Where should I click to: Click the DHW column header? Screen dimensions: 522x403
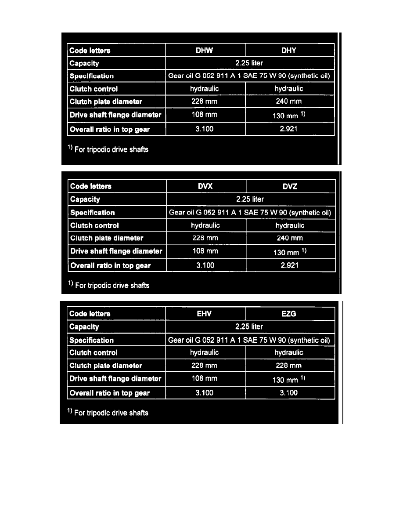205,50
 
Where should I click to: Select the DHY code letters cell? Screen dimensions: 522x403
289,50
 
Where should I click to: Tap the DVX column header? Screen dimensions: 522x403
205,186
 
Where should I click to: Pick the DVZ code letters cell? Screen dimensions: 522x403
290,186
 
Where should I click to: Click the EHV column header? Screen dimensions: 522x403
204,314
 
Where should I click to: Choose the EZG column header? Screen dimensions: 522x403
288,314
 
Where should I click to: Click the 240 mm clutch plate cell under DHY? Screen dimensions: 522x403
289,101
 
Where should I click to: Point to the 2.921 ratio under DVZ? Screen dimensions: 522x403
290,265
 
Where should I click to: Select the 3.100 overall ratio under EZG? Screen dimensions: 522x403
288,393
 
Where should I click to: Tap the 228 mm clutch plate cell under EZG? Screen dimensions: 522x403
288,366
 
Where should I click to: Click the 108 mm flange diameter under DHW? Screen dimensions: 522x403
205,115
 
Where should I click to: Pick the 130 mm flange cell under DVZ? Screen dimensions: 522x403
290,252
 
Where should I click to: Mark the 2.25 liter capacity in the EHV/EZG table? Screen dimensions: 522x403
249,326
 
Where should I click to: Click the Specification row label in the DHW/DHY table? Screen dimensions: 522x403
92,76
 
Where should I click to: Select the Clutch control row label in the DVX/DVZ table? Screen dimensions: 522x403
94,225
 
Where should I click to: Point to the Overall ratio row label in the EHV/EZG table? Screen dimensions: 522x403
110,393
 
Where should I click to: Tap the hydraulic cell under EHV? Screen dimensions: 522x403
204,352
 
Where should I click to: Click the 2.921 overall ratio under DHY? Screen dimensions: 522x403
289,130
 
